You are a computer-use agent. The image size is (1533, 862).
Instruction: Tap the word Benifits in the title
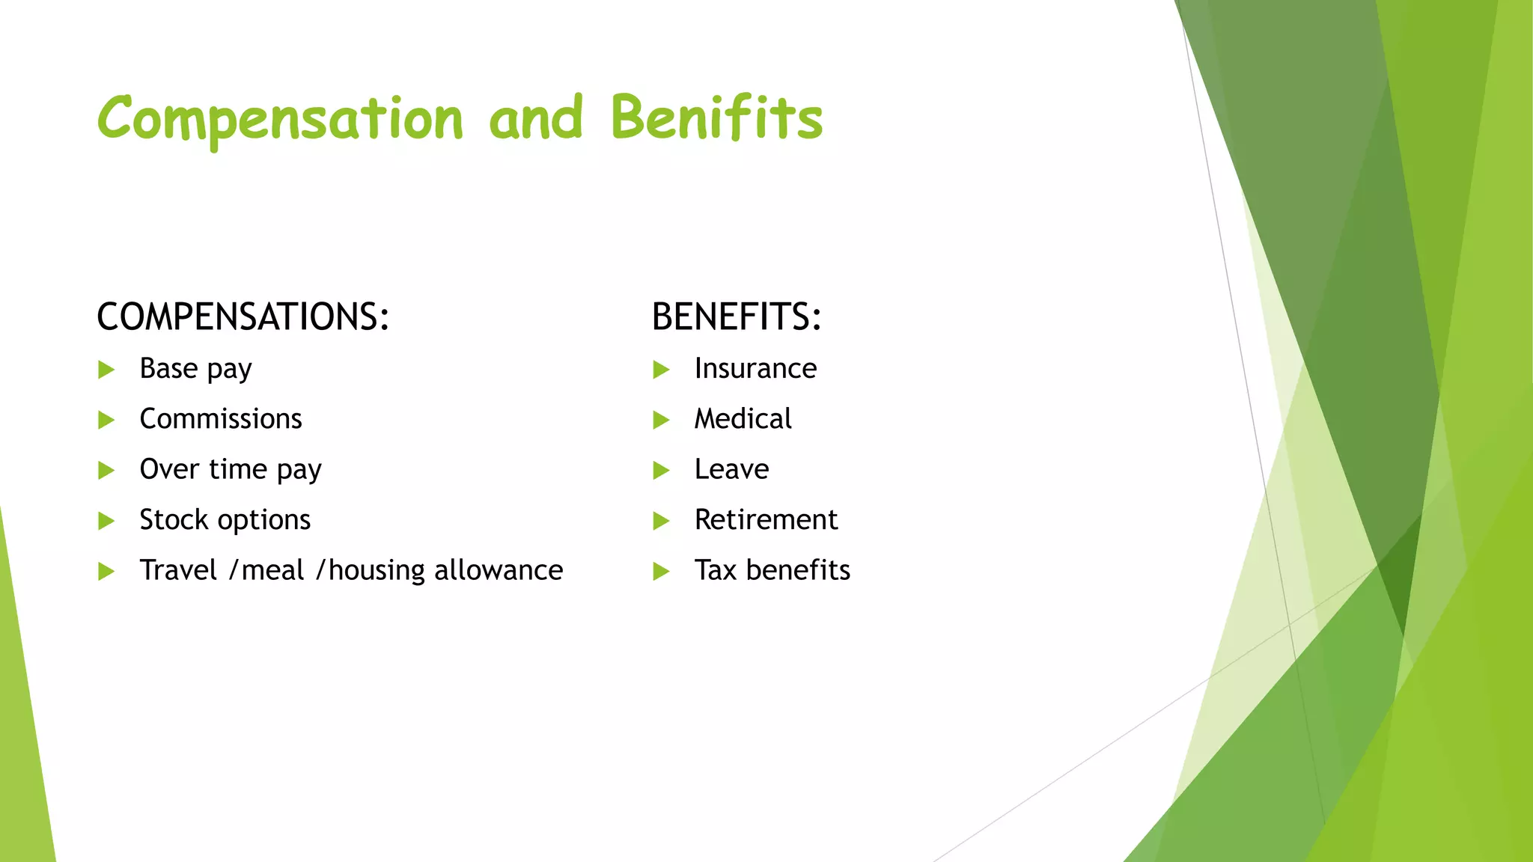coord(716,118)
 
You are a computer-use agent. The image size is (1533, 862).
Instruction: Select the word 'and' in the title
coord(535,118)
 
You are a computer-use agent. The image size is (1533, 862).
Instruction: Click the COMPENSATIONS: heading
coord(243,317)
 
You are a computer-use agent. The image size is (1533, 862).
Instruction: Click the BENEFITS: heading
coord(737,317)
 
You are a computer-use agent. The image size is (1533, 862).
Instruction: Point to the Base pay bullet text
coord(195,369)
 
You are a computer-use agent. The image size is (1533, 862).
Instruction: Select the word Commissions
coord(221,419)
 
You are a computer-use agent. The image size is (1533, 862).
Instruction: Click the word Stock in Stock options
coord(174,520)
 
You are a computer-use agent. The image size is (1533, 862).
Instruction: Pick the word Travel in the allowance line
coord(178,570)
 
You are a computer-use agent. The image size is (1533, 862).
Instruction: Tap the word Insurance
coord(755,369)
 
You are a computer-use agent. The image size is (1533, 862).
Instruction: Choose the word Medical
coord(743,419)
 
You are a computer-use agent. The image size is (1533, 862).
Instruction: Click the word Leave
coord(731,469)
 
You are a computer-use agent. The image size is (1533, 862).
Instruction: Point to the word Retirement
coord(766,520)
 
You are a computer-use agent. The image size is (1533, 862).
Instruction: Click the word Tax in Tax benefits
coord(716,570)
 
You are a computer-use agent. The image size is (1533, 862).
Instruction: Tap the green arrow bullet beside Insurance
coord(661,370)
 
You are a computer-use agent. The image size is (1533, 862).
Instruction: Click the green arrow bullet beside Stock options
coord(106,521)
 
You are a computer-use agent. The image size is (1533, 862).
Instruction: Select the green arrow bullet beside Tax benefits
coord(661,572)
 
